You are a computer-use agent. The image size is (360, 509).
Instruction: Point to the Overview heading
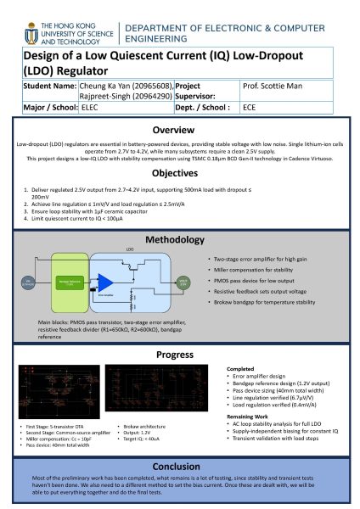pyautogui.click(x=180, y=131)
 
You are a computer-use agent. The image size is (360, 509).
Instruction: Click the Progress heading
pyautogui.click(x=180, y=354)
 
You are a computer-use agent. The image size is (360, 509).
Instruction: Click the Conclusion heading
pyautogui.click(x=180, y=467)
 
